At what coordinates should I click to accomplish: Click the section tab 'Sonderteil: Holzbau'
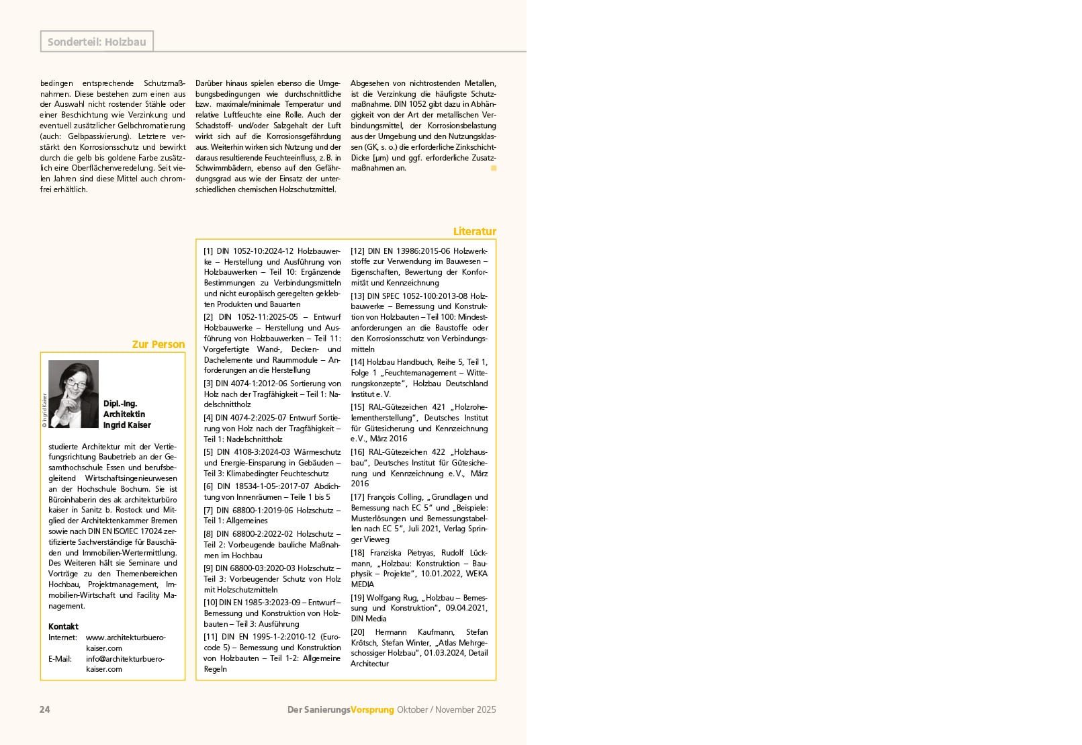97,42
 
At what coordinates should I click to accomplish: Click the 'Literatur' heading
474,231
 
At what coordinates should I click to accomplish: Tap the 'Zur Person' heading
158,344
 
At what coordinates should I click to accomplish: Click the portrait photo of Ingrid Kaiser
73,394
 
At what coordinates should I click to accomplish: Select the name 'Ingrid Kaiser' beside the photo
127,425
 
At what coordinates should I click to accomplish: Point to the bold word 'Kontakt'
63,626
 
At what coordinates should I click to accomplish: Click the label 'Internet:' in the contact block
62,637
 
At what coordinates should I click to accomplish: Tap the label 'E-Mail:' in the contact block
60,658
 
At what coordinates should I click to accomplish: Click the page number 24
45,709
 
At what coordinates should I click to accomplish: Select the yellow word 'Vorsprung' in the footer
372,709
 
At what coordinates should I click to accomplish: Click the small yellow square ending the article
494,168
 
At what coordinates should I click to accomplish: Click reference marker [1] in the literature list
208,251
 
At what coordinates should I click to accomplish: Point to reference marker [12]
357,251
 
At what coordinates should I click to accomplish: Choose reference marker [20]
357,632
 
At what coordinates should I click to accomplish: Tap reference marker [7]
208,510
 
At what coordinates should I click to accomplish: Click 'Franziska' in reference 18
387,553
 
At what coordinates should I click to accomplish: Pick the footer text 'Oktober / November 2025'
446,709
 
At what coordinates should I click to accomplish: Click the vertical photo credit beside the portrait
44,410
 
